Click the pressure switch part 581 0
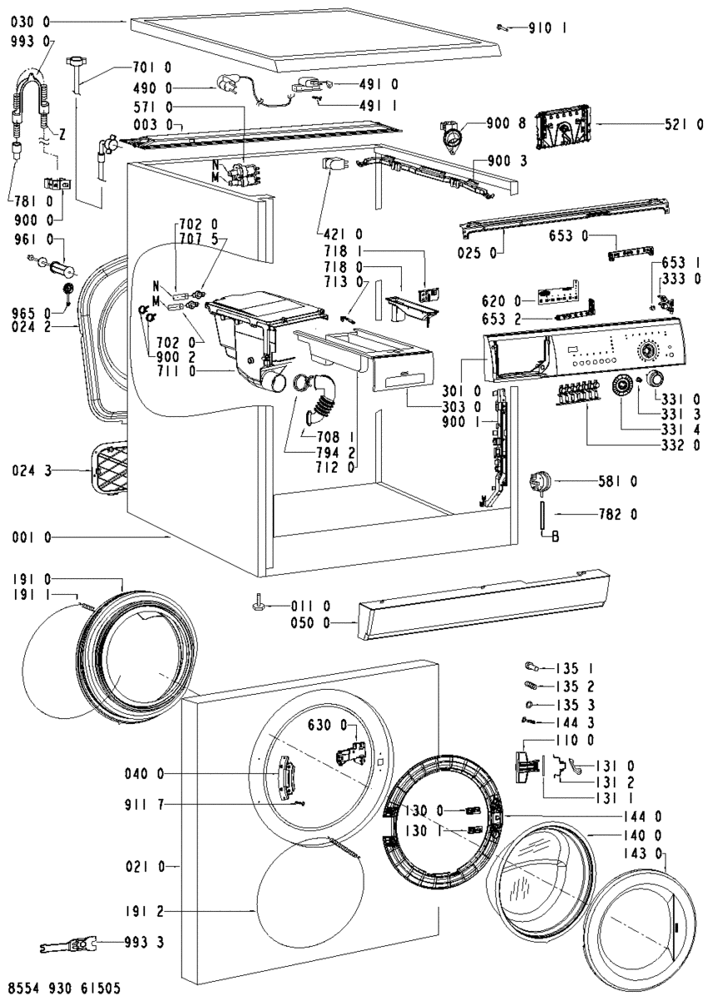(540, 482)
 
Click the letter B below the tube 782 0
(555, 538)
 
